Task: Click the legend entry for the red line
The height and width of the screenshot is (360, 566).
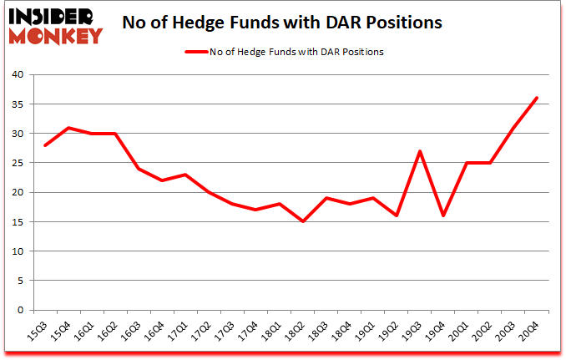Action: point(283,52)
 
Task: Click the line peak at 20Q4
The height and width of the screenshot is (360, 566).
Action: point(537,98)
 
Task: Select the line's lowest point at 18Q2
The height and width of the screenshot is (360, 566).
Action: point(303,221)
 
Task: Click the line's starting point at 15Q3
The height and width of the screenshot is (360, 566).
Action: point(45,145)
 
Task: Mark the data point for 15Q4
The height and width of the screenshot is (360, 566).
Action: point(68,128)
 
